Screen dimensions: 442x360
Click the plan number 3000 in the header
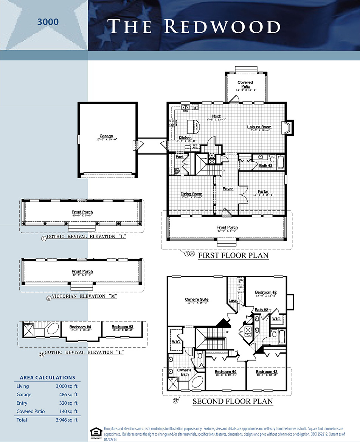(48, 22)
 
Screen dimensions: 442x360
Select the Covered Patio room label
(245, 84)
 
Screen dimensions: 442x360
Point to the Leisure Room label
(259, 127)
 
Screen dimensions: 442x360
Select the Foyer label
(228, 189)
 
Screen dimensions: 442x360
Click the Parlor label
(263, 192)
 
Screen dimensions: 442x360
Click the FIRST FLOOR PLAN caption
(233, 256)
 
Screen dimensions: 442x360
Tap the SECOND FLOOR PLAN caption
(233, 401)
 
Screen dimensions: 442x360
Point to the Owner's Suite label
(197, 300)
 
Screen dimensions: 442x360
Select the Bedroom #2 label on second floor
(266, 292)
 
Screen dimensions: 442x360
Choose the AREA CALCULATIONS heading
(47, 377)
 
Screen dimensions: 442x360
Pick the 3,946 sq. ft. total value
(66, 420)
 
